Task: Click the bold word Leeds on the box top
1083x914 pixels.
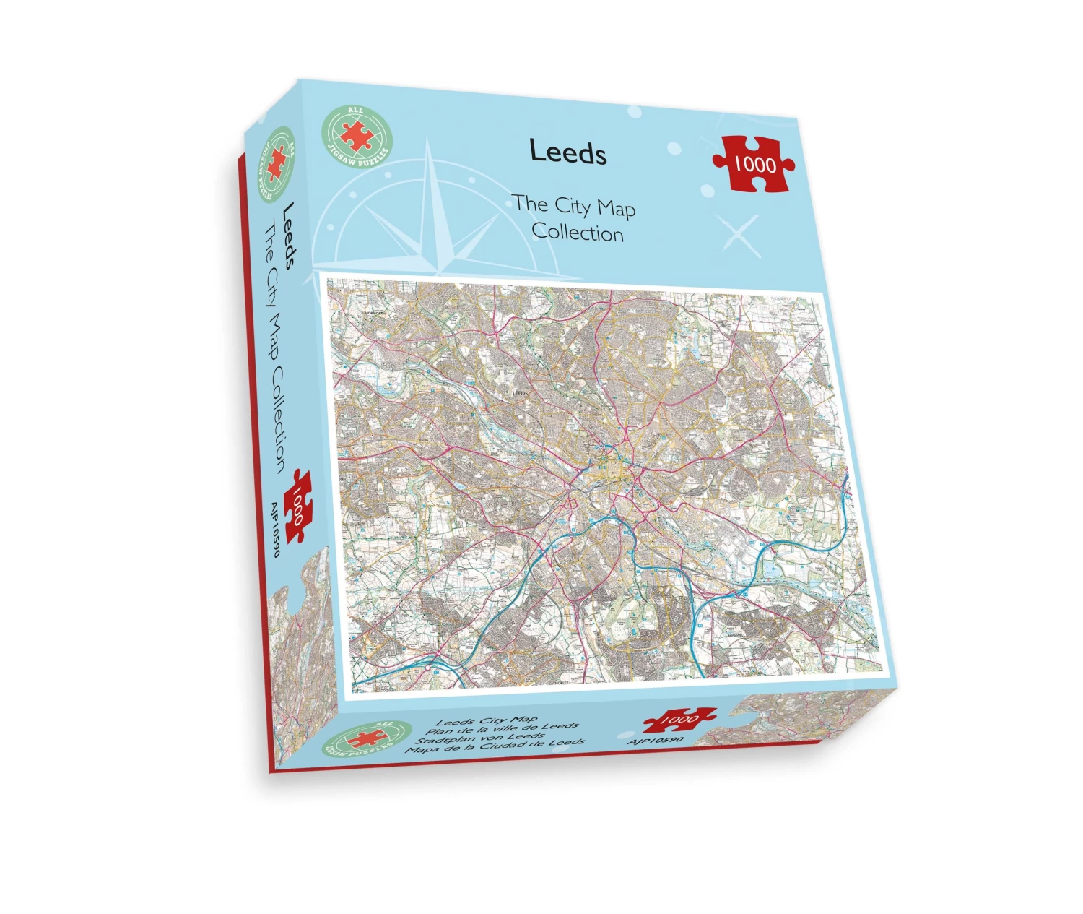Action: [567, 152]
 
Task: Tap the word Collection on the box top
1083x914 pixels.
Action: [578, 233]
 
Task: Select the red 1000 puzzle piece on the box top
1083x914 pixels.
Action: [754, 164]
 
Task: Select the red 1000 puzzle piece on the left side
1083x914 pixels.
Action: [298, 505]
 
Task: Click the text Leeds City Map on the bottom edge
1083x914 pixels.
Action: [487, 720]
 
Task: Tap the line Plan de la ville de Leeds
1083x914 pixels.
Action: [501, 729]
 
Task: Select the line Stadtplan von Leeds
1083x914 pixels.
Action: [480, 738]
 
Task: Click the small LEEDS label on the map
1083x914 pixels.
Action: [520, 393]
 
